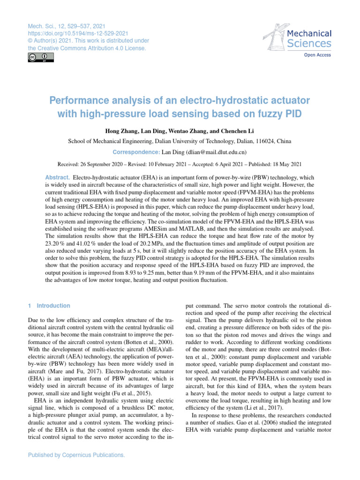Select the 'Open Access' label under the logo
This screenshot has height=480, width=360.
coord(318,55)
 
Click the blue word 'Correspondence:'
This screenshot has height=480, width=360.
coord(136,152)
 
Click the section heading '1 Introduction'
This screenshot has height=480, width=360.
coord(49,306)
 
